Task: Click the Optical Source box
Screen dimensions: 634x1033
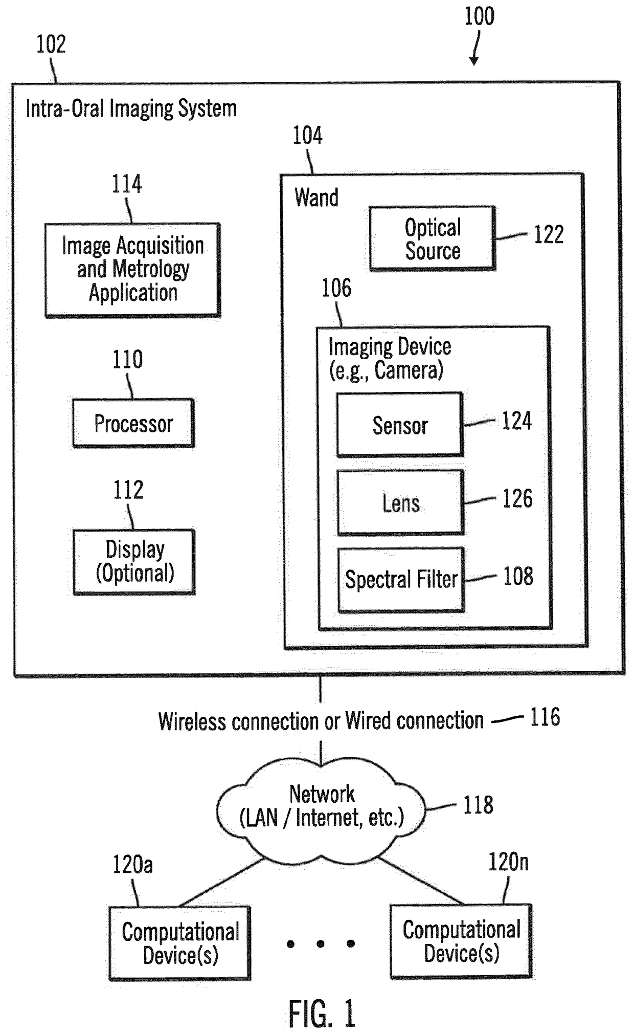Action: [x=433, y=238]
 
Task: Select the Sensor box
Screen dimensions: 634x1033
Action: [x=400, y=425]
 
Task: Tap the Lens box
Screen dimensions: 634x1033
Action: [x=400, y=502]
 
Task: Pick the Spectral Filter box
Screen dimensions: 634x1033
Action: [x=401, y=580]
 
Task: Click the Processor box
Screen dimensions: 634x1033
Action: [x=133, y=423]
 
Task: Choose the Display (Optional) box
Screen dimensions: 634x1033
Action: [x=134, y=562]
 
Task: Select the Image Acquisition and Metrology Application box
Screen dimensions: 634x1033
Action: [x=133, y=270]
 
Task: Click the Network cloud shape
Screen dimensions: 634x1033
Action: [x=321, y=809]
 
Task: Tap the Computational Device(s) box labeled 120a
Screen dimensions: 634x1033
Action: [x=180, y=943]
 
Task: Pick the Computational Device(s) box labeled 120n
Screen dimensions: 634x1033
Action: [x=461, y=941]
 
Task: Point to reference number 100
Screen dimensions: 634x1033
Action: [x=479, y=16]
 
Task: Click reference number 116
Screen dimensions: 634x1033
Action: [x=545, y=717]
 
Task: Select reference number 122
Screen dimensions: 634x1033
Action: [x=549, y=234]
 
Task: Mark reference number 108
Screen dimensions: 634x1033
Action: [x=518, y=576]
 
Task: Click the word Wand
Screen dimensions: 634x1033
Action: [x=316, y=197]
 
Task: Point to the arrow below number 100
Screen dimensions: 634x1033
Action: [x=476, y=48]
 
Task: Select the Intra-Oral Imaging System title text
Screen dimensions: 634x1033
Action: [x=131, y=109]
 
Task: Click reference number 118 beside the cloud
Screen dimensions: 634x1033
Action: [x=478, y=805]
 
